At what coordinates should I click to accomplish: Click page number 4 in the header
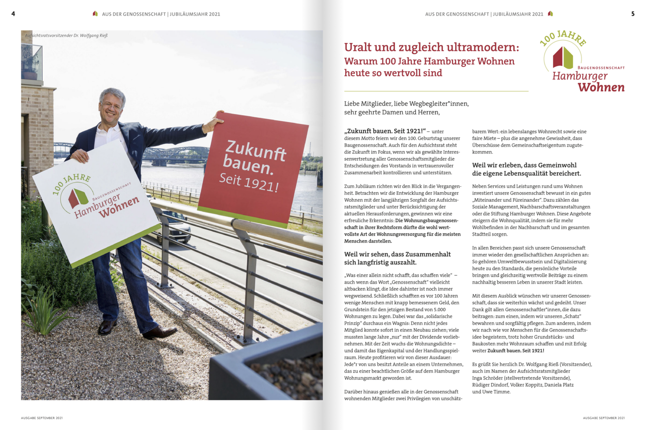[13, 14]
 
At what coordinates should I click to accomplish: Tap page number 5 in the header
[633, 14]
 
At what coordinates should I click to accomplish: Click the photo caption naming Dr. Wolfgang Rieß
[66, 35]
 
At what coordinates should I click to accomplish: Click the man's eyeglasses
[111, 105]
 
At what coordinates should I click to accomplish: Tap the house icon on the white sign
[78, 197]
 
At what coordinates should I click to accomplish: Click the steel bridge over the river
[175, 154]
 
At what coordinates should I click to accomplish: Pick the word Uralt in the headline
[357, 47]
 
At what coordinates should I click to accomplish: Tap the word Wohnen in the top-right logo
[601, 87]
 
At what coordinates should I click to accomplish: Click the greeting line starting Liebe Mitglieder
[406, 104]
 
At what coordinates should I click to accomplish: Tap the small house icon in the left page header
[95, 13]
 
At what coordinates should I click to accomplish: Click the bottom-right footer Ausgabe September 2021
[604, 418]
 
